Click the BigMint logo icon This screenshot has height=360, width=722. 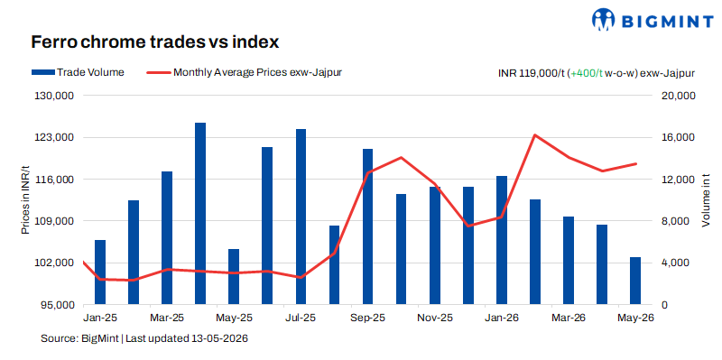click(604, 19)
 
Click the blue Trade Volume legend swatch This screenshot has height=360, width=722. click(42, 72)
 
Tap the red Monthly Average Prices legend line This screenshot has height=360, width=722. click(158, 72)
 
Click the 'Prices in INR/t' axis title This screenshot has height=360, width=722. click(26, 200)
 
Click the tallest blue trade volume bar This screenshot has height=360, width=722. click(200, 214)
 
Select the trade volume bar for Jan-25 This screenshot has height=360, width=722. click(100, 272)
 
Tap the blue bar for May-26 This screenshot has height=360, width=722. click(635, 281)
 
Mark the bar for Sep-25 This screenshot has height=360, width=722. click(367, 227)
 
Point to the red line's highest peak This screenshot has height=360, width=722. click(534, 134)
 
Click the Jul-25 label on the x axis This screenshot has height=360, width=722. click(301, 318)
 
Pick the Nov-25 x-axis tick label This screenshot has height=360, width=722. click(435, 318)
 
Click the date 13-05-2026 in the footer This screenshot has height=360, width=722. click(219, 339)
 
